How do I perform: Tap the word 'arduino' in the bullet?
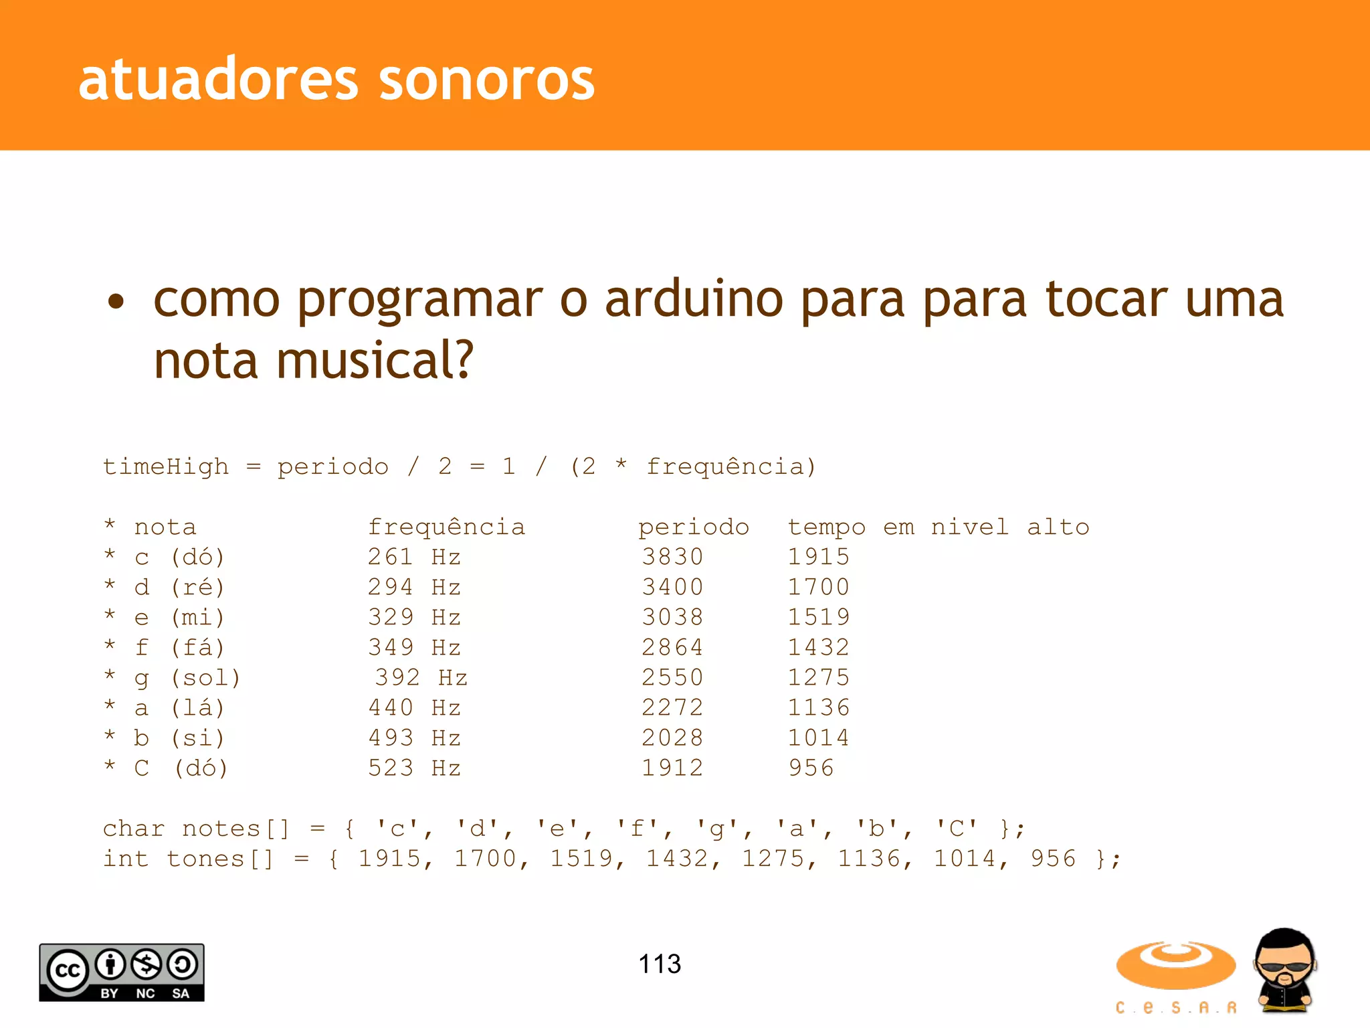click(x=694, y=299)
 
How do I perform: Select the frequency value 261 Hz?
click(x=414, y=557)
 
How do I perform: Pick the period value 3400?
click(x=672, y=587)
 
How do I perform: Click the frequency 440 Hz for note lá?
click(x=414, y=707)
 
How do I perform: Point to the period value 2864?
click(x=672, y=647)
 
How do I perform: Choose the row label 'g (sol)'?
click(x=187, y=678)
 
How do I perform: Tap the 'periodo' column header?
click(x=694, y=527)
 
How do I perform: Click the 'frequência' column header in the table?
click(x=446, y=527)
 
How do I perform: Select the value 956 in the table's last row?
click(x=811, y=768)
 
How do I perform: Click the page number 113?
click(x=660, y=964)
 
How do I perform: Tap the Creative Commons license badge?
click(x=122, y=972)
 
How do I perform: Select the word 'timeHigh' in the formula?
click(x=165, y=466)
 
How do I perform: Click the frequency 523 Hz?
click(x=414, y=768)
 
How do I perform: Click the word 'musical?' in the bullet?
click(x=375, y=360)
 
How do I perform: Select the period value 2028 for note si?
click(x=672, y=738)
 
